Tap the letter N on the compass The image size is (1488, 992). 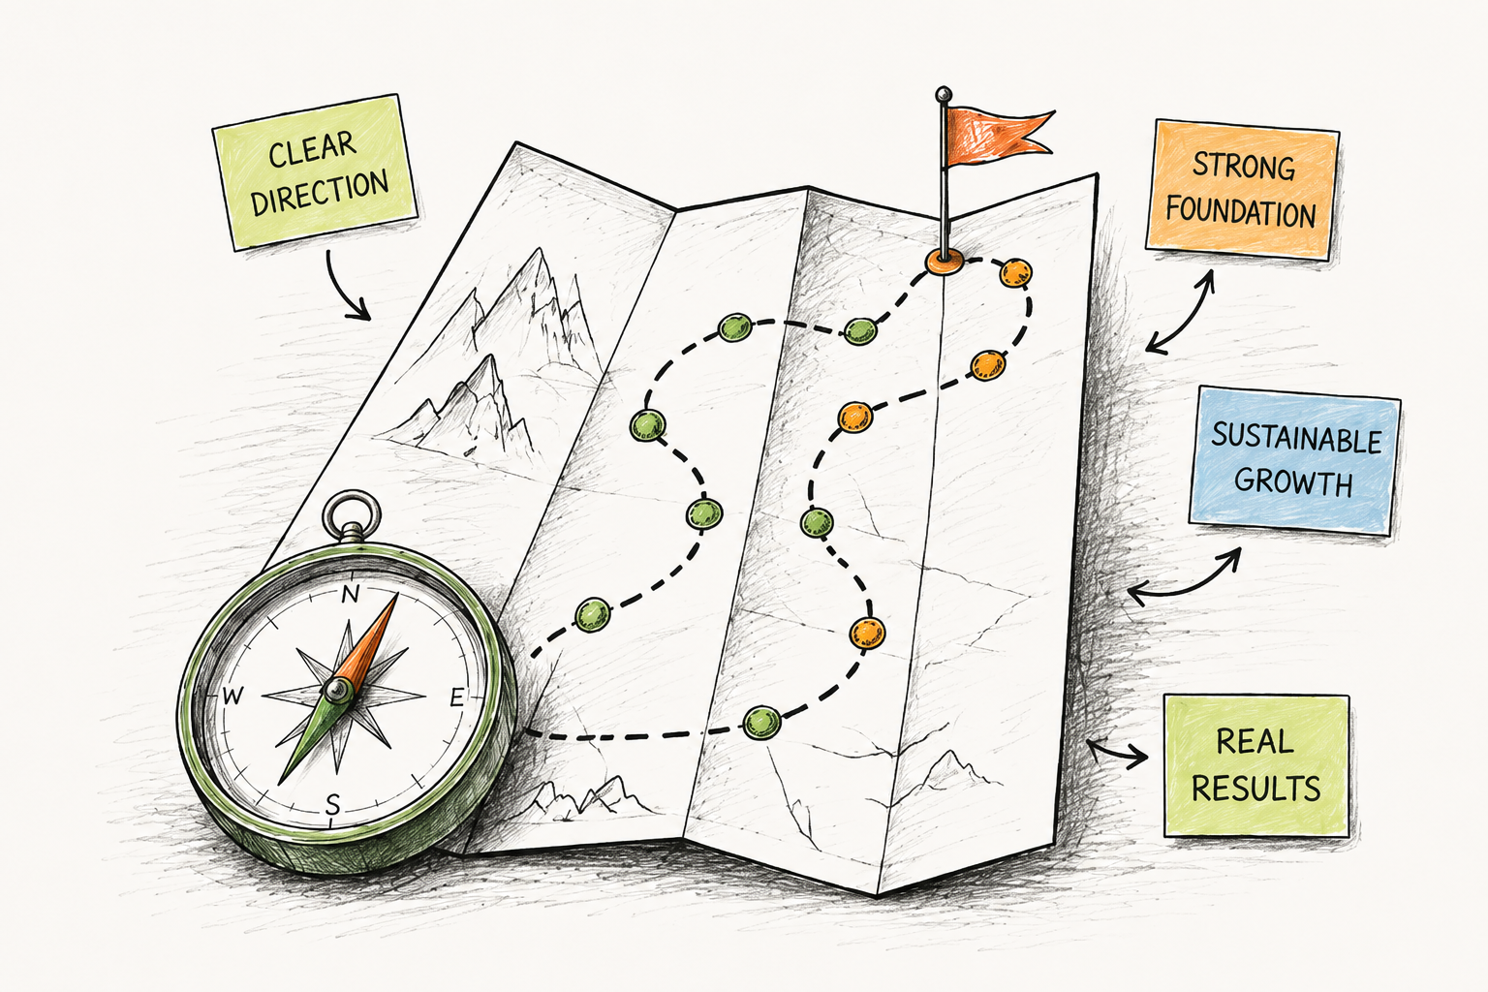coord(350,593)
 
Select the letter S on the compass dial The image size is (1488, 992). coord(332,805)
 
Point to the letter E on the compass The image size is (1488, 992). coord(457,697)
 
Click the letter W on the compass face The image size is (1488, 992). coord(232,696)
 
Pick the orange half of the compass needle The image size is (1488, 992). coord(369,642)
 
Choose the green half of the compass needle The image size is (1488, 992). coord(310,736)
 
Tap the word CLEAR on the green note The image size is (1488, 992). coord(312,149)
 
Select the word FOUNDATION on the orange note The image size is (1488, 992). coord(1240,212)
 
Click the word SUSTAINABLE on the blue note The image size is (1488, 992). coord(1296,440)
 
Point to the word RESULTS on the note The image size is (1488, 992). coord(1255,789)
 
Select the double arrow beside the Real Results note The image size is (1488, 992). coord(1117,753)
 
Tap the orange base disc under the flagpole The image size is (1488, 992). coord(944,262)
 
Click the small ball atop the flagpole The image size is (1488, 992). coord(943,94)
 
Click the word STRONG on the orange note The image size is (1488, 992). coord(1244,166)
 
